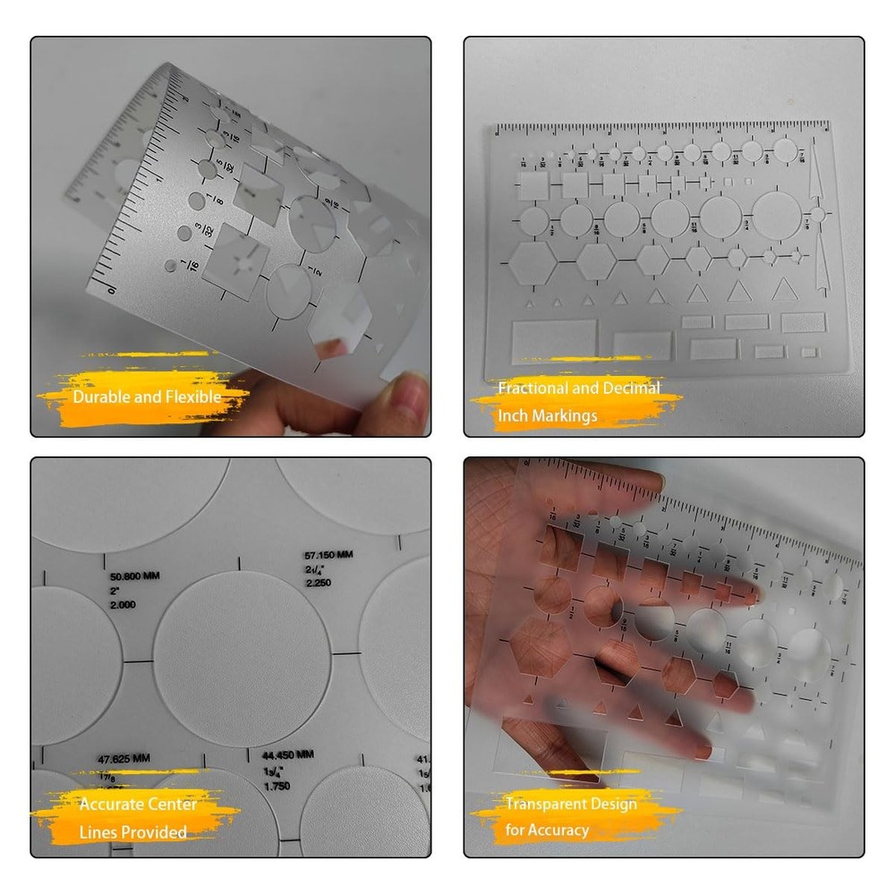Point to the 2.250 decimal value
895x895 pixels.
tap(319, 584)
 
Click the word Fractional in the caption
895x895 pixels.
tap(533, 388)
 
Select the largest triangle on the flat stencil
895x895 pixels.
tap(784, 289)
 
